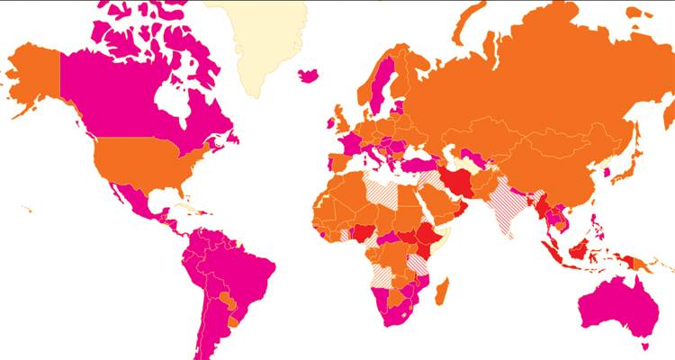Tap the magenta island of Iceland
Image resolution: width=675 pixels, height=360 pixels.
tap(308, 75)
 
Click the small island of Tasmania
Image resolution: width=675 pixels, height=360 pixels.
tap(643, 346)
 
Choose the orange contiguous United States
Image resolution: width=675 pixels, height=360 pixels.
tap(144, 166)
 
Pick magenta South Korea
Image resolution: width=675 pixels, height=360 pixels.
tap(606, 171)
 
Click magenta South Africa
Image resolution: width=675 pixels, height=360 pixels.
tap(397, 314)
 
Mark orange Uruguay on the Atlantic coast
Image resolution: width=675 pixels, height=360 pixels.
tap(235, 321)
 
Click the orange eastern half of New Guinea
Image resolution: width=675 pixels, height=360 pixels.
tap(641, 263)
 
